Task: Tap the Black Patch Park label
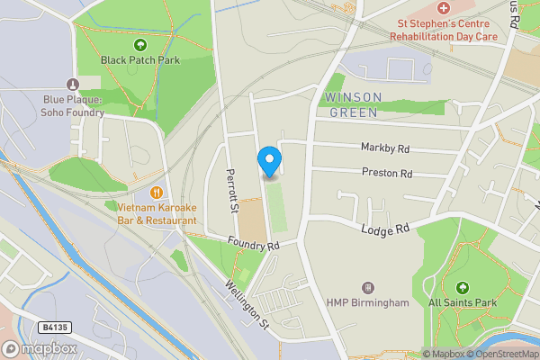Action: click(140, 60)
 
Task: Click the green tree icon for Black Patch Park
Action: click(140, 44)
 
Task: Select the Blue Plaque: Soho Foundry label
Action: click(74, 107)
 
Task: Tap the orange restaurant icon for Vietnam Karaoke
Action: click(157, 192)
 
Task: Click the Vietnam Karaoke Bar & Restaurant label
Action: click(157, 213)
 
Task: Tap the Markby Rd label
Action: click(385, 148)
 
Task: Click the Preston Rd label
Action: click(387, 172)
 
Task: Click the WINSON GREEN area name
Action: click(354, 104)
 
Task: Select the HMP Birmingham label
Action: click(367, 302)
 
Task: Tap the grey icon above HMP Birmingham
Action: click(367, 286)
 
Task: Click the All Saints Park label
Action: click(463, 303)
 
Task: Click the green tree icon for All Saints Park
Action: click(463, 287)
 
